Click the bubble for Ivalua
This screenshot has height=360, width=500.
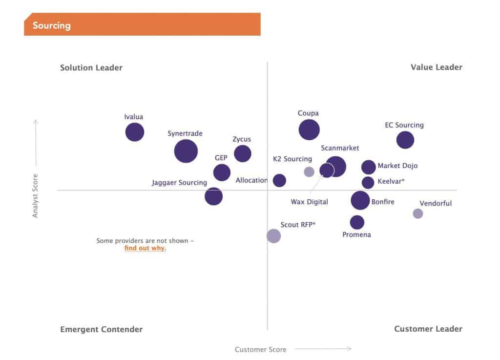tap(135, 132)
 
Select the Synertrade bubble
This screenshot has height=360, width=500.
tap(186, 151)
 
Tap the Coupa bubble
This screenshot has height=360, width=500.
tap(309, 130)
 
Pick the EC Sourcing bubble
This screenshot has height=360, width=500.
tap(405, 140)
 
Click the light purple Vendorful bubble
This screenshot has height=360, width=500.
tap(418, 213)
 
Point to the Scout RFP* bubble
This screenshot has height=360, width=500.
tap(274, 236)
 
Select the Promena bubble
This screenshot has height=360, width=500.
tap(357, 222)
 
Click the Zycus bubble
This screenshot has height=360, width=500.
tap(243, 153)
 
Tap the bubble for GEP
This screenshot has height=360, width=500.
tap(222, 172)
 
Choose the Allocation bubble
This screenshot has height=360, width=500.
tap(279, 180)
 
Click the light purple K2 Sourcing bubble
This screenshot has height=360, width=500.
tap(309, 171)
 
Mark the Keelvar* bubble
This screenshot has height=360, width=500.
tap(368, 183)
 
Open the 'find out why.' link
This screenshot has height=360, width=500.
tap(145, 248)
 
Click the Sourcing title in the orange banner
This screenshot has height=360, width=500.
tap(52, 25)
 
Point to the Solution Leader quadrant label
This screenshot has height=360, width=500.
tap(91, 67)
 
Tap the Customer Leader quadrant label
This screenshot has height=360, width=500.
tap(428, 329)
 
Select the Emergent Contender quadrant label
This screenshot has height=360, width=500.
tap(102, 329)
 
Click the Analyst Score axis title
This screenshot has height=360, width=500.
tap(35, 195)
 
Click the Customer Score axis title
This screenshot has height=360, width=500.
tap(261, 349)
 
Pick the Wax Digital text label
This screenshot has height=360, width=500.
tap(310, 202)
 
